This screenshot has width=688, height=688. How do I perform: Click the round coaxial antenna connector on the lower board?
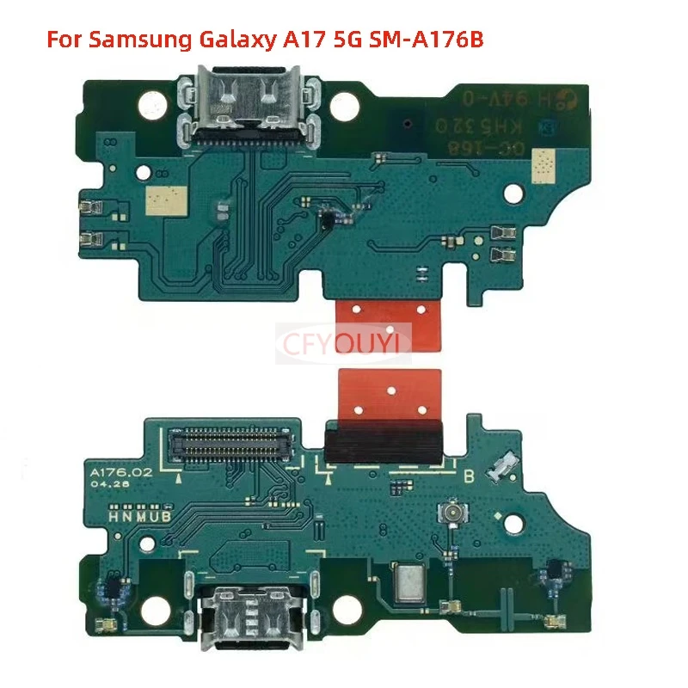[x=450, y=515]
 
